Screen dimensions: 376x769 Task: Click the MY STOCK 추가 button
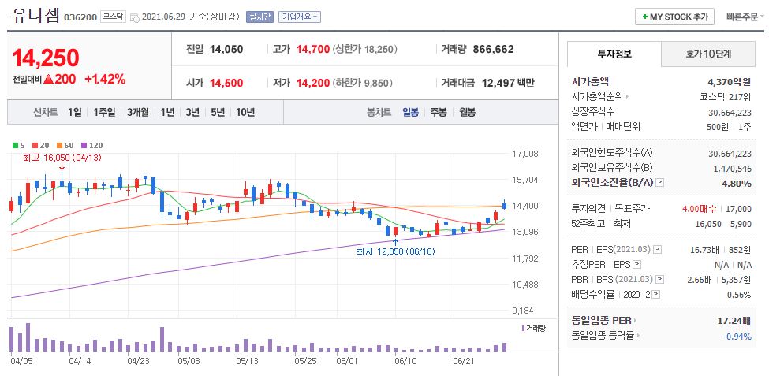click(674, 17)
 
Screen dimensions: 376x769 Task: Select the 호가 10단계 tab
click(707, 54)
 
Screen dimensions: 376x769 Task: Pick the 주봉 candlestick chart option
click(439, 112)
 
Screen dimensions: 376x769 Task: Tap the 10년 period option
click(245, 112)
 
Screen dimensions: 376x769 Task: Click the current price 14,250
click(46, 58)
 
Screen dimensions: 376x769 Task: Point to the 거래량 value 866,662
click(493, 49)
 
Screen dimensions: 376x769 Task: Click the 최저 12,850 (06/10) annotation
click(395, 251)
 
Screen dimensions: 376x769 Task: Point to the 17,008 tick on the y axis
click(524, 154)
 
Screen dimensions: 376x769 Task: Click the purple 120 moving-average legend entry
click(92, 145)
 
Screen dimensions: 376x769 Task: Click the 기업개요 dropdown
click(300, 17)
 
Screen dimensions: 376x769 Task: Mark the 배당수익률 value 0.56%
click(739, 294)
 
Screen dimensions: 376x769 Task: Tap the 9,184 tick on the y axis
click(524, 311)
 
